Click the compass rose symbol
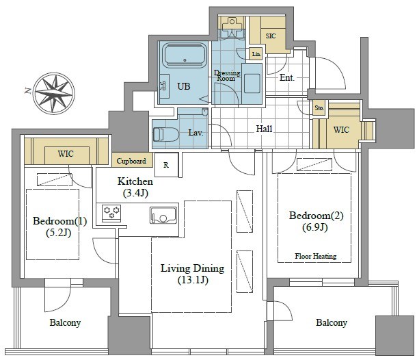(x=55, y=94)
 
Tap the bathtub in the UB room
(x=185, y=55)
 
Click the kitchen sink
(x=163, y=215)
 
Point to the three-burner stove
(x=111, y=213)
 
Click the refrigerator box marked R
(x=167, y=165)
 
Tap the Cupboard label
(x=131, y=161)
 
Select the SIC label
(x=271, y=36)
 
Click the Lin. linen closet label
(x=256, y=54)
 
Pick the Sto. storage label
(x=319, y=108)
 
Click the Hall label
(x=264, y=129)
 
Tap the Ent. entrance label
(x=287, y=78)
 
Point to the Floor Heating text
(x=316, y=256)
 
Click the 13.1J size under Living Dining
(x=193, y=280)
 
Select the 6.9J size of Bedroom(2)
(x=315, y=227)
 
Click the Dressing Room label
(x=227, y=75)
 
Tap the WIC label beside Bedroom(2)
(x=342, y=129)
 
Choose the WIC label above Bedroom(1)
(x=66, y=153)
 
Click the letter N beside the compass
(x=27, y=91)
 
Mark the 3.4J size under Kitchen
(x=135, y=193)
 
